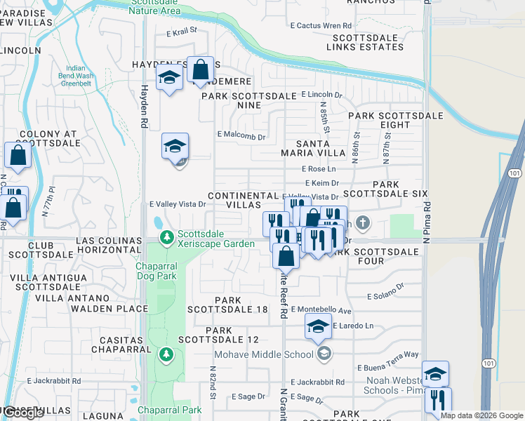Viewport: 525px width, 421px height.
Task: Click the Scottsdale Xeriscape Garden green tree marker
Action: coord(167,239)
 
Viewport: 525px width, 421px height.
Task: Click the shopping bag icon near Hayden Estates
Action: coord(201,71)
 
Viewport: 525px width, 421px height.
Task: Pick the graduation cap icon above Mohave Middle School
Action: coord(318,326)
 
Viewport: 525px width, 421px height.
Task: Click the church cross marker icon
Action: coord(362,224)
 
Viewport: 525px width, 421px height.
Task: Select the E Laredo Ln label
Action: coord(353,326)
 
